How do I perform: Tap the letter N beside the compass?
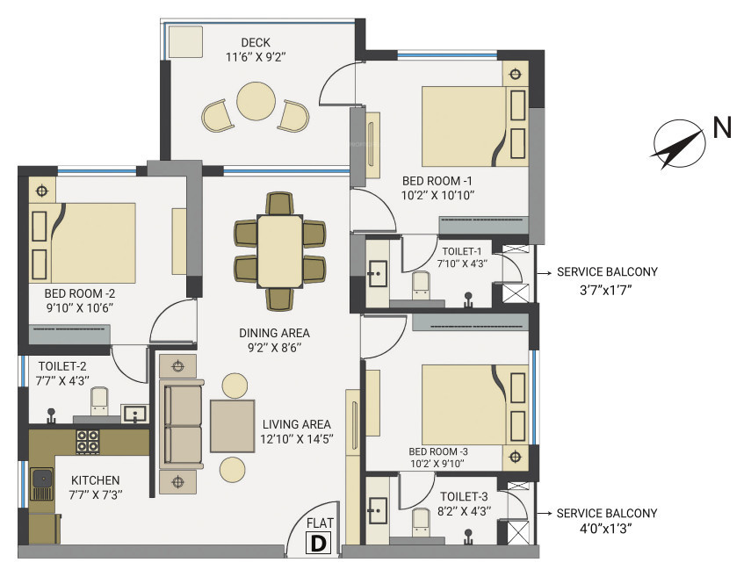click(x=722, y=129)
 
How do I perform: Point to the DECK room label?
click(x=256, y=43)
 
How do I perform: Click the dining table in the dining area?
click(x=279, y=250)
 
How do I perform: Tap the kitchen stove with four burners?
click(x=88, y=442)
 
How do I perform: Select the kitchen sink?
click(x=41, y=480)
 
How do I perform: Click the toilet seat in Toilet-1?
click(x=421, y=282)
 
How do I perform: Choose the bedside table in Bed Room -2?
click(x=40, y=190)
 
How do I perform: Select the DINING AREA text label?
click(x=274, y=333)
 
